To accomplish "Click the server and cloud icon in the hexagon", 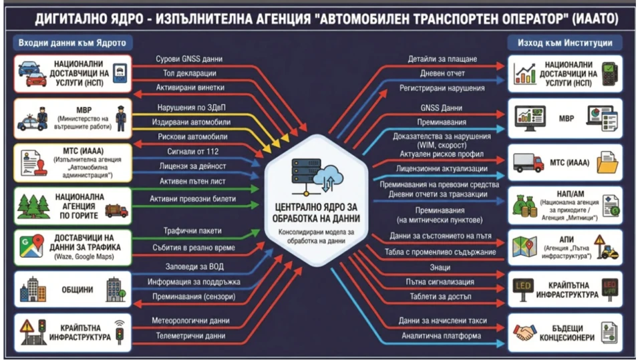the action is coord(317,176).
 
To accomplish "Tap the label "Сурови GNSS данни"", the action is coord(189,59).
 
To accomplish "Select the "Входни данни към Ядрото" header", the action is coord(72,43).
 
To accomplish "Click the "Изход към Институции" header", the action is coord(565,43).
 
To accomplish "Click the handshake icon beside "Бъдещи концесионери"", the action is coord(524,333).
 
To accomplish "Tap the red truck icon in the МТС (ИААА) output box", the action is coord(528,162).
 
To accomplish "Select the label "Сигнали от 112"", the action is coord(192,152).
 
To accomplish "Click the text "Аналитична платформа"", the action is coord(441,336).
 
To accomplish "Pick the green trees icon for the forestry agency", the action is coord(33,206).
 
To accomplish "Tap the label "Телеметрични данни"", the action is coord(190,336).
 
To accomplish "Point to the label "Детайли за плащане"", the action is coord(442,59).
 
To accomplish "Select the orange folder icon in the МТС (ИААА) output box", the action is coord(607,162).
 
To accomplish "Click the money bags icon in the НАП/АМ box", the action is coord(524,206).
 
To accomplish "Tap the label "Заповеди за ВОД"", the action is coord(194,266).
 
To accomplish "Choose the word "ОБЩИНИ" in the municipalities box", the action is coord(77,289).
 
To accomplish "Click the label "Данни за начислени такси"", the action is coord(442,321).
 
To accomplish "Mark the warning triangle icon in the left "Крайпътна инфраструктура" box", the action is coord(27,327).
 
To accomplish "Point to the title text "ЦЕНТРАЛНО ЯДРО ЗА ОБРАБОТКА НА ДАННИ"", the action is coord(317,213).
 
